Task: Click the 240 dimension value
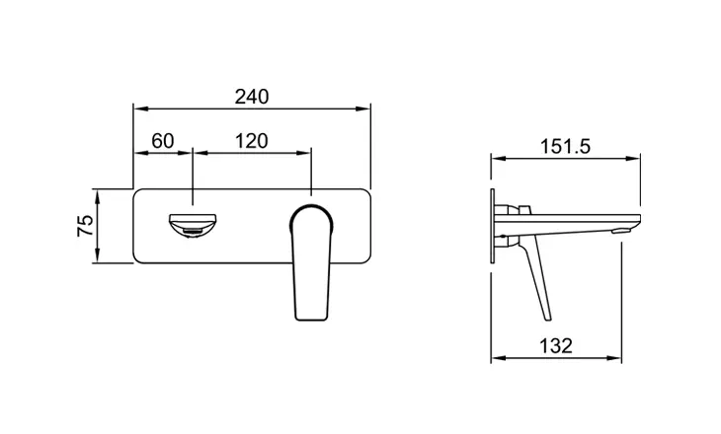[252, 97]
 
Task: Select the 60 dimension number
[163, 141]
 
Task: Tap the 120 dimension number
[252, 141]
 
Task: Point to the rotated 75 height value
[86, 226]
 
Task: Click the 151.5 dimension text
[565, 147]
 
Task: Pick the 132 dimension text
[556, 346]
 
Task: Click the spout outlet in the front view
[193, 227]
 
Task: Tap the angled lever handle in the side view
[534, 276]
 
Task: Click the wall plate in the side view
[493, 226]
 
